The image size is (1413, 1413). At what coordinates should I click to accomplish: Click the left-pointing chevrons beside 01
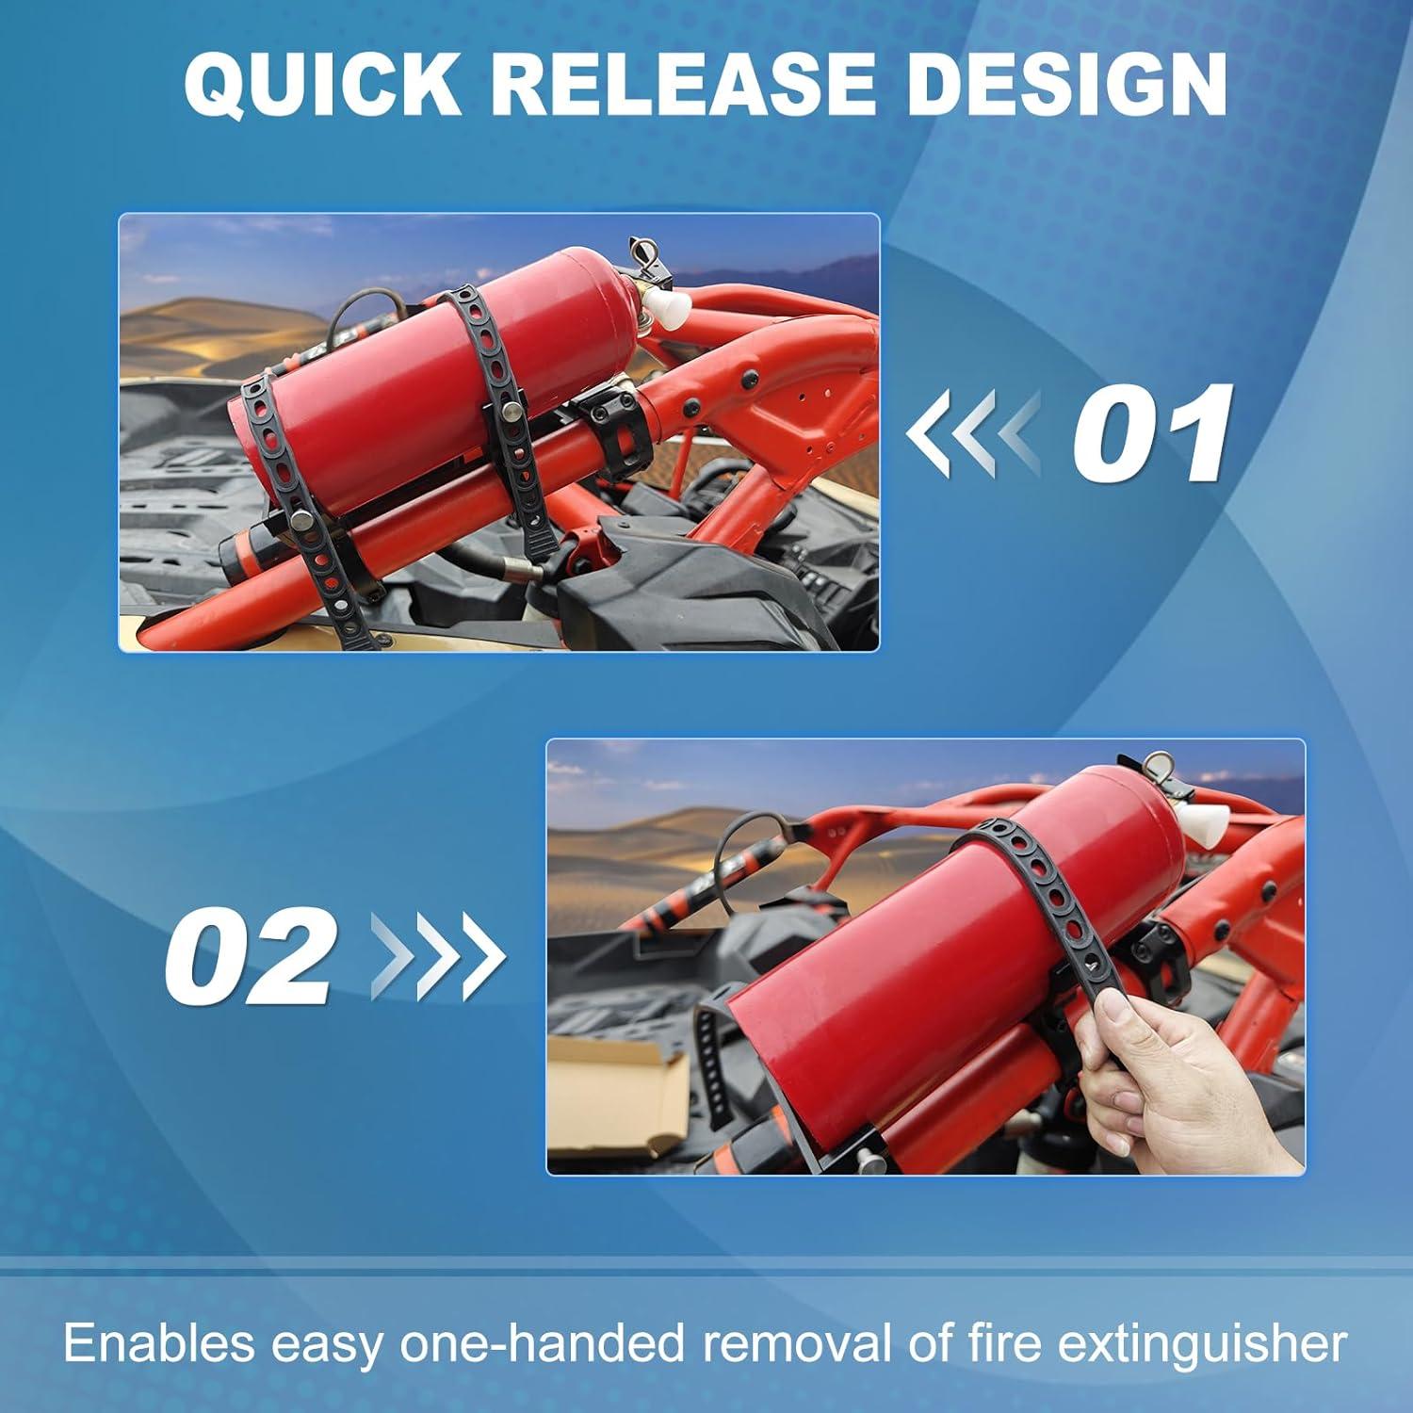click(x=972, y=434)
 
